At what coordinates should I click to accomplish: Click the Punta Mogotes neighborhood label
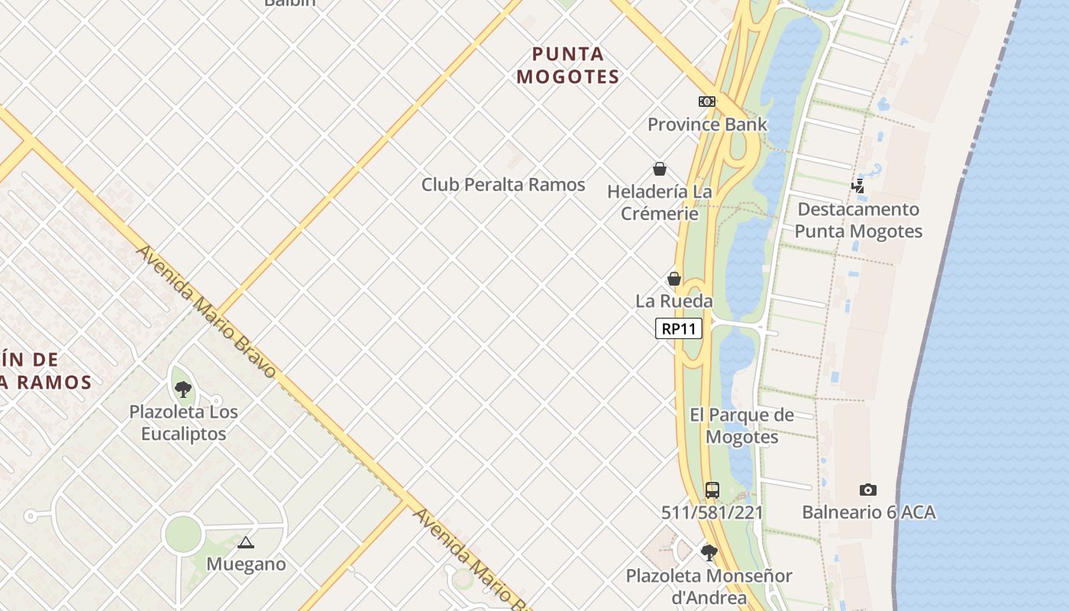[x=567, y=66]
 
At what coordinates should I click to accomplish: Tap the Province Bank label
[x=707, y=124]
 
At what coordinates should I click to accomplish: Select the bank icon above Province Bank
[x=707, y=102]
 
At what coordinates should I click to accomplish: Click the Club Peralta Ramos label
[x=503, y=185]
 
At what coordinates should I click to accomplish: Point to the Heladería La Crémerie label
[x=660, y=202]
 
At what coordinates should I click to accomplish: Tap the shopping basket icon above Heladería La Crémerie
[x=660, y=169]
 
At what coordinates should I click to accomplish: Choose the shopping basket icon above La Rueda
[x=674, y=279]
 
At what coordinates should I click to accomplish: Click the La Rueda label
[x=674, y=301]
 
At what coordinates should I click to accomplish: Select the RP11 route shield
[x=678, y=329]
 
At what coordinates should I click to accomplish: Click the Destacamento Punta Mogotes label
[x=858, y=220]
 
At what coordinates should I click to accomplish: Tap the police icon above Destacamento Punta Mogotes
[x=858, y=186]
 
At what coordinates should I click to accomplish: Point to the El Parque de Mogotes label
[x=741, y=426]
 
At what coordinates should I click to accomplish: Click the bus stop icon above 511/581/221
[x=712, y=490]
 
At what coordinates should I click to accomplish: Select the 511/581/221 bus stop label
[x=712, y=512]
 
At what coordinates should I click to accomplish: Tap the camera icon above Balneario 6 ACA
[x=868, y=490]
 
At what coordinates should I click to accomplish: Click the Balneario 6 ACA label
[x=868, y=512]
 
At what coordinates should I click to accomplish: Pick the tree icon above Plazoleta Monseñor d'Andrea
[x=709, y=552]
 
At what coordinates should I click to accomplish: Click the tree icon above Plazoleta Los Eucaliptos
[x=182, y=390]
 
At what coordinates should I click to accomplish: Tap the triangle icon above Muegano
[x=245, y=543]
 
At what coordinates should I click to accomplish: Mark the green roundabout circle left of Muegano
[x=182, y=534]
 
